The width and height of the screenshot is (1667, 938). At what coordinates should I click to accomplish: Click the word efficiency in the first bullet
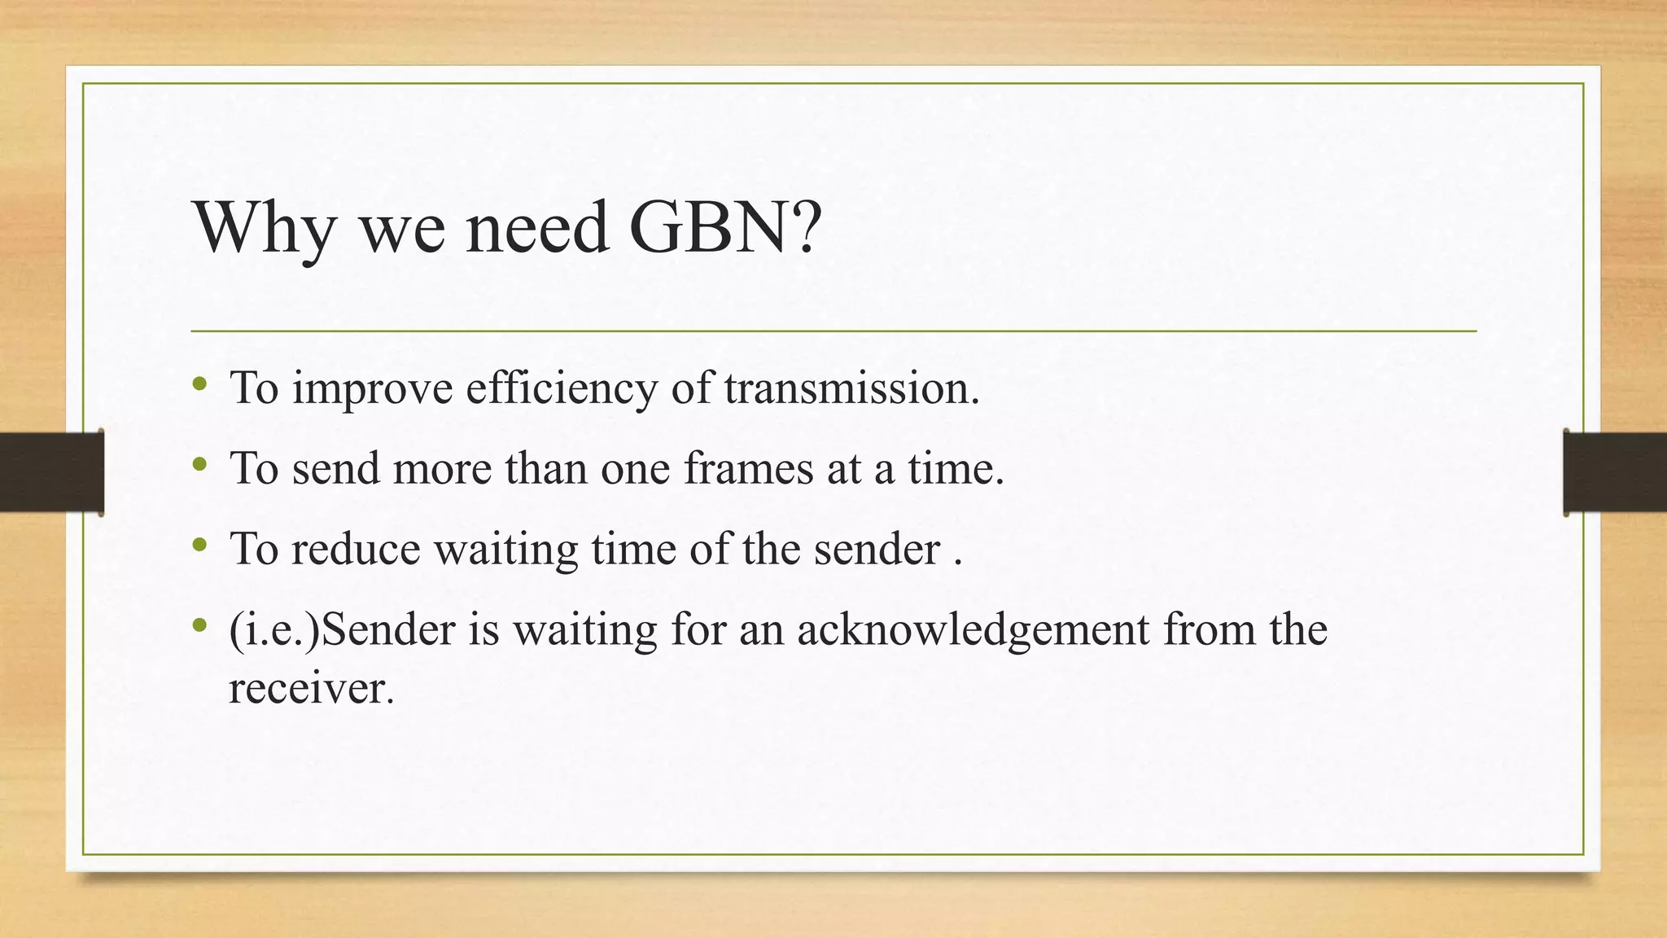pyautogui.click(x=561, y=389)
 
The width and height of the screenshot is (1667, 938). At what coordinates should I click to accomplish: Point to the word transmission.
pyautogui.click(x=851, y=388)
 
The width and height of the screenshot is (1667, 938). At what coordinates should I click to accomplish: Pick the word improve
pyautogui.click(x=372, y=389)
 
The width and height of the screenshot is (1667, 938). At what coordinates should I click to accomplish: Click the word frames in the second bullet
pyautogui.click(x=748, y=468)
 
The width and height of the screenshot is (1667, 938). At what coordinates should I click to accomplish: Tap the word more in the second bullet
pyautogui.click(x=442, y=468)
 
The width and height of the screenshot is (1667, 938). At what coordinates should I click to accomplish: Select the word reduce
pyautogui.click(x=356, y=549)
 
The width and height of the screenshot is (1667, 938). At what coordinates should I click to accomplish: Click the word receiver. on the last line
pyautogui.click(x=311, y=689)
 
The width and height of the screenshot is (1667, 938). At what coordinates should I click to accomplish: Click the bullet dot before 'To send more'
pyautogui.click(x=200, y=464)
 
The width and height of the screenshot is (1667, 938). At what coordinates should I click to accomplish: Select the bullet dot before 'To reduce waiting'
pyautogui.click(x=200, y=545)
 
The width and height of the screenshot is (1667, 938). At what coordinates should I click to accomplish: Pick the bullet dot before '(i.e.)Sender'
pyautogui.click(x=200, y=625)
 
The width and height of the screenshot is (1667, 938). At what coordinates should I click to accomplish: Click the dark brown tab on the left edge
pyautogui.click(x=51, y=472)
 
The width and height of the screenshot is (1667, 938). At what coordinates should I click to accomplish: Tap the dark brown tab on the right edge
pyautogui.click(x=1615, y=472)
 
